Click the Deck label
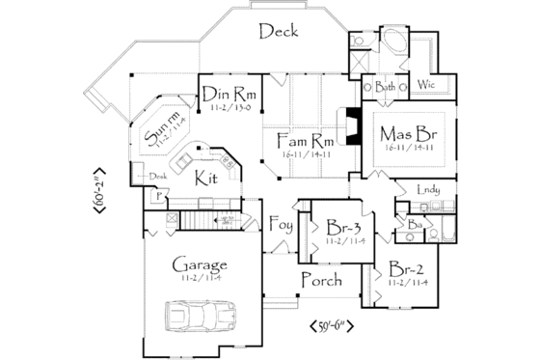280,32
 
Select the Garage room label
200,264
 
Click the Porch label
320,280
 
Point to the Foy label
281,227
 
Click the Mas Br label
405,132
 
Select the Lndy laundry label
427,190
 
